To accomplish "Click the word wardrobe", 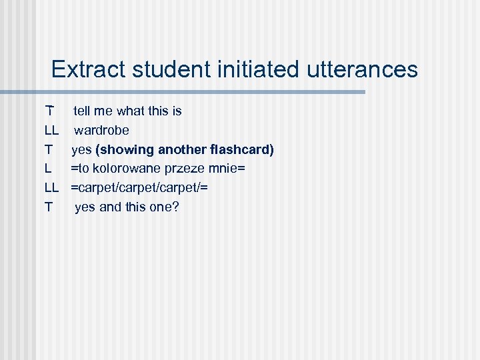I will pos(101,130).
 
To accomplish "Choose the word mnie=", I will pos(227,169).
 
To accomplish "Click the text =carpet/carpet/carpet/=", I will pos(140,188).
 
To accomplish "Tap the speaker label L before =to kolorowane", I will pos(48,169).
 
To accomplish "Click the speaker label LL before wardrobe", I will pos(52,130).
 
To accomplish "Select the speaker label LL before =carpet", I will pos(52,188).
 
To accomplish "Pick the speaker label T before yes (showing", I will pos(49,149).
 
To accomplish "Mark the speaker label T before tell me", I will pos(49,111).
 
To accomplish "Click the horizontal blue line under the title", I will pos(200,92).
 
